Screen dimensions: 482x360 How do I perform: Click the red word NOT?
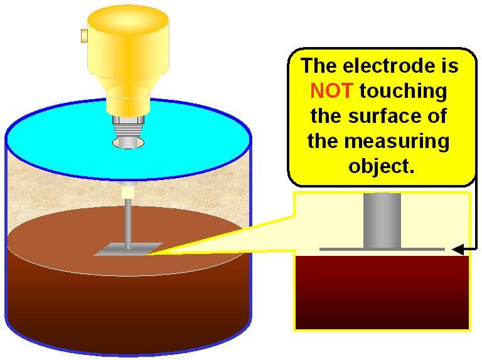pos(331,90)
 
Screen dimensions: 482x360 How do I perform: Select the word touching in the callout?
pos(404,92)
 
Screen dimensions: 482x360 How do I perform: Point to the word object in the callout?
pos(381,167)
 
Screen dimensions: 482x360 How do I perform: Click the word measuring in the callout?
pos(397,142)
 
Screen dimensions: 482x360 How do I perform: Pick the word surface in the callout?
pos(384,116)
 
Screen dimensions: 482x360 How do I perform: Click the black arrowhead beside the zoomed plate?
pos(458,250)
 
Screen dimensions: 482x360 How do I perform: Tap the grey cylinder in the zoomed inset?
pos(382,220)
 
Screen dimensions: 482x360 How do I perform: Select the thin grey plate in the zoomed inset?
pos(382,249)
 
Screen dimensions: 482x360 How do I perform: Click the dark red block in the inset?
pos(382,292)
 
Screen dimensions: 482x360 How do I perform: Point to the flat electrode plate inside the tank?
pos(128,249)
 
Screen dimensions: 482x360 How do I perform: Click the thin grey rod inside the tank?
pos(128,223)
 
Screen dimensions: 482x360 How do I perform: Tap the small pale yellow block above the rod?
pos(128,192)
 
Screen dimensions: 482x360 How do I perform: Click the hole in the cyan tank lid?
pos(128,143)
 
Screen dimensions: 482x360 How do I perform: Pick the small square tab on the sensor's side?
pos(84,36)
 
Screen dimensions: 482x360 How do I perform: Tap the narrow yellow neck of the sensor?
pos(128,102)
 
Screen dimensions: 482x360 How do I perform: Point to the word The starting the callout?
pos(319,66)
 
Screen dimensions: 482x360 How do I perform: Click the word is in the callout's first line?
pos(450,66)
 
